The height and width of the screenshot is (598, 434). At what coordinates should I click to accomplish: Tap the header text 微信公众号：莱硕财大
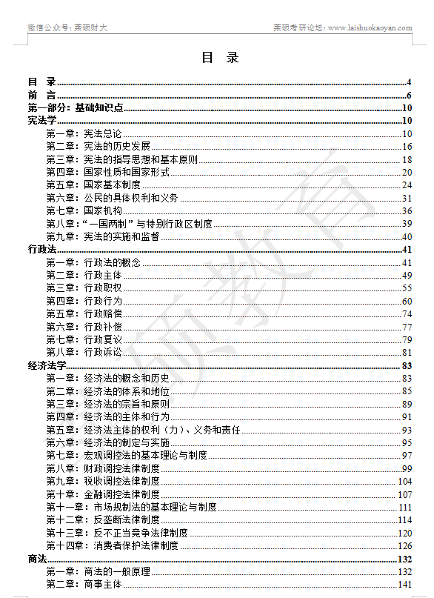click(67, 28)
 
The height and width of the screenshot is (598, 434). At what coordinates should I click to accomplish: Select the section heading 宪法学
click(42, 121)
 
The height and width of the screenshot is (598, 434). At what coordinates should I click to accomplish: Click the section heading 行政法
click(42, 250)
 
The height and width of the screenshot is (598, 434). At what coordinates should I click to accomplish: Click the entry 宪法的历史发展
click(116, 147)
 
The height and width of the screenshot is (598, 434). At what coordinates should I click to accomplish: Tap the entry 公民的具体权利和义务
click(130, 198)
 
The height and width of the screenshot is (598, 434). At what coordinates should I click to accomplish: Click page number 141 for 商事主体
click(404, 584)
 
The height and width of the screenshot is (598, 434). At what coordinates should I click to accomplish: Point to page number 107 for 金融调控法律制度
click(404, 494)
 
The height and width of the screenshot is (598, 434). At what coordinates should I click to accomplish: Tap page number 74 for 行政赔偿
click(407, 313)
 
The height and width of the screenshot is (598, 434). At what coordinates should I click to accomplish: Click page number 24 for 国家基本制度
click(407, 185)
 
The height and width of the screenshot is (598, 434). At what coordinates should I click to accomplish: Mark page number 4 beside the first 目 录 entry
click(409, 82)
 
